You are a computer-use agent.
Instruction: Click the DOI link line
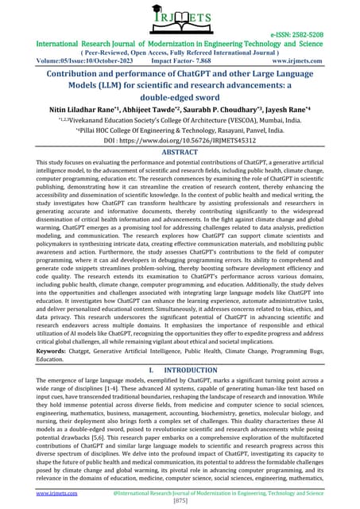[x=180, y=159]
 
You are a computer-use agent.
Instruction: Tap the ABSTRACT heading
[x=180, y=172]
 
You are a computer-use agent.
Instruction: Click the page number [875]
[x=180, y=502]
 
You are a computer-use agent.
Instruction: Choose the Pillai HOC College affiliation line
[x=180, y=147]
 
